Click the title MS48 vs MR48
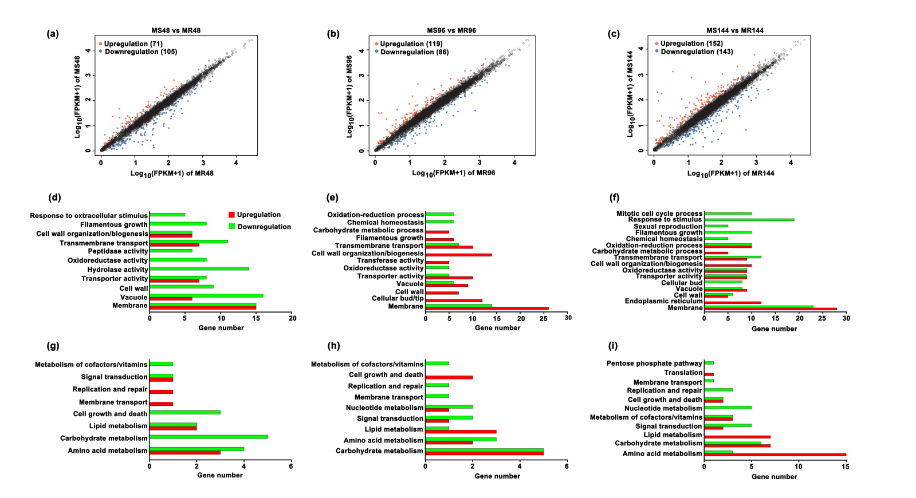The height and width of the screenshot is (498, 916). click(176, 30)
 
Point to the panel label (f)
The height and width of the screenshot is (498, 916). click(615, 197)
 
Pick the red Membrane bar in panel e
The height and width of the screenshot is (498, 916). click(487, 309)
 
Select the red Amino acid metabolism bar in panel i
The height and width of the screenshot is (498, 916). click(775, 455)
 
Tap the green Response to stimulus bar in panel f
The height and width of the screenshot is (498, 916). click(749, 219)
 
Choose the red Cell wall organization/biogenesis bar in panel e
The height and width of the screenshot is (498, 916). click(458, 255)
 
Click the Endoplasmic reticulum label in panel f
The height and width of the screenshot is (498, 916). click(663, 301)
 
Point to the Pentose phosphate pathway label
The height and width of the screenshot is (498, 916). click(654, 363)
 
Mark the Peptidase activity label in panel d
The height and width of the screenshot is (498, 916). click(117, 251)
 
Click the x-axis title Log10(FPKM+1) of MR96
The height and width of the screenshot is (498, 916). click(453, 173)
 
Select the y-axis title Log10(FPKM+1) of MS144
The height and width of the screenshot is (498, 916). click(630, 94)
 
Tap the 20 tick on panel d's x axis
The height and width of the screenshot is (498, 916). click(292, 318)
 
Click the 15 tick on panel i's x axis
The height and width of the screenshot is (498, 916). click(846, 467)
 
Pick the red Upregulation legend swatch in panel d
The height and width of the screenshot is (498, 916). click(231, 215)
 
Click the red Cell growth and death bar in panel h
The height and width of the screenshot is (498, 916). click(449, 377)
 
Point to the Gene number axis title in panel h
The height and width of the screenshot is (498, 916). click(497, 476)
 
